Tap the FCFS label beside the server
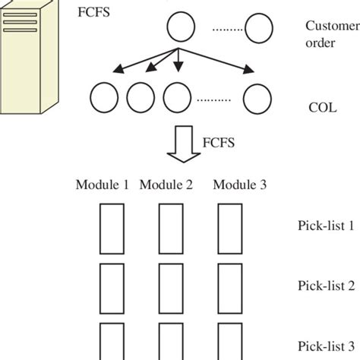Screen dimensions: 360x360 click(94, 14)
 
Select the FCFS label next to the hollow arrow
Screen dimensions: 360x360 click(220, 141)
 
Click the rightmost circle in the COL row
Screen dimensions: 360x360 click(256, 97)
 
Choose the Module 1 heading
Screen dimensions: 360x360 click(102, 185)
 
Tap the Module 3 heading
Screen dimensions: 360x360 click(237, 185)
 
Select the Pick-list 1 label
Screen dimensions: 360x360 click(325, 225)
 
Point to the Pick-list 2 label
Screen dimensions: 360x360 click(325, 285)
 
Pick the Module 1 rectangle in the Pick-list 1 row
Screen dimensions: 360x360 click(111, 226)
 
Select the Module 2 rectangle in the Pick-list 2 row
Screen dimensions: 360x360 click(169, 285)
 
